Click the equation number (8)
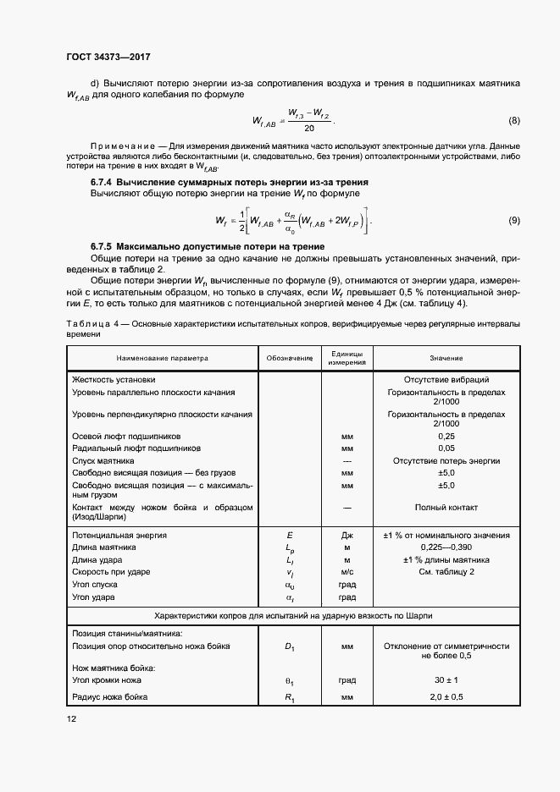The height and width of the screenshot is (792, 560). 514,120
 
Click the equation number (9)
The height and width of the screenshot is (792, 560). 514,221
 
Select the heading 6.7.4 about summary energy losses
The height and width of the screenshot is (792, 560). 229,183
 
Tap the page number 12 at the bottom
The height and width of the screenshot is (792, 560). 69,718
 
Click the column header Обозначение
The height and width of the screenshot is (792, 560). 291,358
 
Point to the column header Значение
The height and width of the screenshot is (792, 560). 446,358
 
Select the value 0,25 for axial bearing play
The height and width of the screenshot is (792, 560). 446,435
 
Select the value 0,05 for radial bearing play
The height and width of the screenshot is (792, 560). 446,448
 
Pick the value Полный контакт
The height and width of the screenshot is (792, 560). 446,507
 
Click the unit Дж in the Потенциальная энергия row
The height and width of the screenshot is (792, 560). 347,535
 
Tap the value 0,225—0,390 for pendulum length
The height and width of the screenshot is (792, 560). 446,547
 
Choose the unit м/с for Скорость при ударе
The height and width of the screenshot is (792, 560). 347,572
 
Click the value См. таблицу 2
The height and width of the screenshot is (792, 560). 446,572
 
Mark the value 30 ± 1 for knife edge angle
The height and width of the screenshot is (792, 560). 446,679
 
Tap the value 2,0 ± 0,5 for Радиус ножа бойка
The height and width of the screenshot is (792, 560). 446,696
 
